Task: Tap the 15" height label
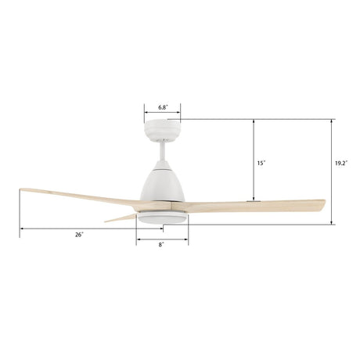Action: pos(261,163)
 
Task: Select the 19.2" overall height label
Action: pos(340,163)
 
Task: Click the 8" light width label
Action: pos(161,245)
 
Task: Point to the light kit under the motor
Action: pos(162,218)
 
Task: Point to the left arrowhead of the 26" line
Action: pos(22,228)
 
